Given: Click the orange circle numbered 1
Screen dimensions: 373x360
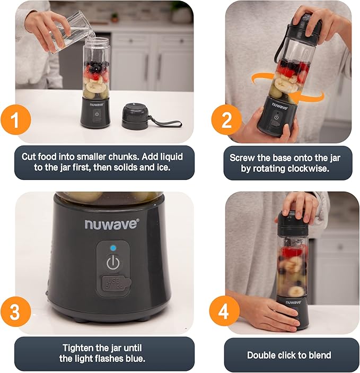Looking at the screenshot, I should [x=15, y=122].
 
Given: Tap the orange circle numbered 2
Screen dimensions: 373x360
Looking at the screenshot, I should [x=227, y=122].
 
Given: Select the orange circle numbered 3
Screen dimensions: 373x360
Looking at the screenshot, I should [x=15, y=313].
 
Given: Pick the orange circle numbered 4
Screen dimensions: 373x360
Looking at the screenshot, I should [x=227, y=313].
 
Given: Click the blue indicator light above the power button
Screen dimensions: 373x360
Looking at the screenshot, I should [x=112, y=248].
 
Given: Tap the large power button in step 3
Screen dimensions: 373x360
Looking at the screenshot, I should [x=112, y=263].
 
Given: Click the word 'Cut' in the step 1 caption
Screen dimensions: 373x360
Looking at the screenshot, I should [x=30, y=157].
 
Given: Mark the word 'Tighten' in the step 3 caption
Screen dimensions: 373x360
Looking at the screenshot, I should [x=80, y=348].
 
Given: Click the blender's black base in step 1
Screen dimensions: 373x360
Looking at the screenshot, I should [x=96, y=112].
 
